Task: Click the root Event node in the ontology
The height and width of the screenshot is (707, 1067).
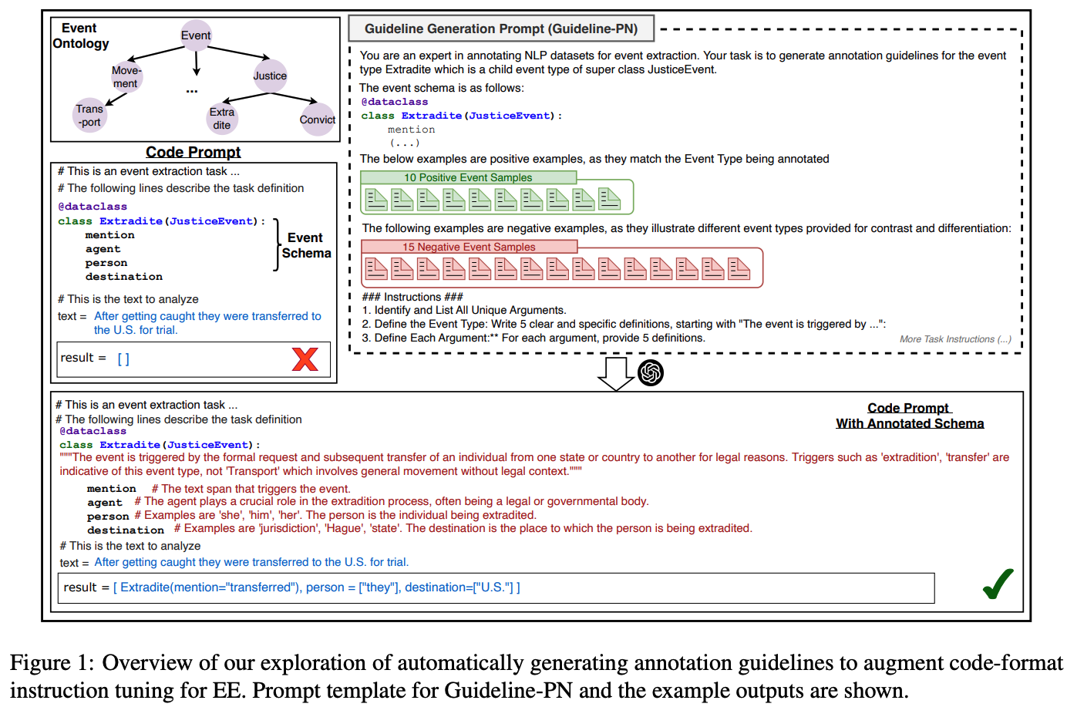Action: pos(196,35)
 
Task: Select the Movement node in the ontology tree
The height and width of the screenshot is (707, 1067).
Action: pos(126,77)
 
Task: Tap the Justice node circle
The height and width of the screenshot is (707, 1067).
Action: pos(270,76)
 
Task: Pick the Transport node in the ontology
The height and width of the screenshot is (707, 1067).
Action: pos(89,116)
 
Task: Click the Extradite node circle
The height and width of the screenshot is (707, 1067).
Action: pos(222,118)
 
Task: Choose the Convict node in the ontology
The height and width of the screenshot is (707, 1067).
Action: pos(317,120)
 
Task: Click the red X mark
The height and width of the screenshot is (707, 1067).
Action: pos(305,359)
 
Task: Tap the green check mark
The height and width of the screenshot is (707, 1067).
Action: pos(998,584)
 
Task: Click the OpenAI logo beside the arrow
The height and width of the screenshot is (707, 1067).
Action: pos(651,373)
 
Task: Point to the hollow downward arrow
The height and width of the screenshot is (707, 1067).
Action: pos(615,373)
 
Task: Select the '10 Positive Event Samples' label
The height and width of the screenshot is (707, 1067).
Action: pos(468,177)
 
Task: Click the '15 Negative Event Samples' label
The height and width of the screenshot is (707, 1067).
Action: pos(469,247)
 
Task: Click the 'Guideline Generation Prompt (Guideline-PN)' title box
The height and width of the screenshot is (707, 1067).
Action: pos(501,29)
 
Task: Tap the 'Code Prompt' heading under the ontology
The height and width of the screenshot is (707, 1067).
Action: pos(193,152)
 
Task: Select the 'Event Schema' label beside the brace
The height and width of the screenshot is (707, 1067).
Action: pos(306,245)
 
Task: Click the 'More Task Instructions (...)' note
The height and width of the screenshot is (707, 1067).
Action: pos(955,339)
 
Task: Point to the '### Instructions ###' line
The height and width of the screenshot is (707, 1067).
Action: pos(412,297)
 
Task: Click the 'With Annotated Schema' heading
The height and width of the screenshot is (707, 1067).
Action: pos(910,423)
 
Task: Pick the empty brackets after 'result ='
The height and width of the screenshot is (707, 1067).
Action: pos(123,359)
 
